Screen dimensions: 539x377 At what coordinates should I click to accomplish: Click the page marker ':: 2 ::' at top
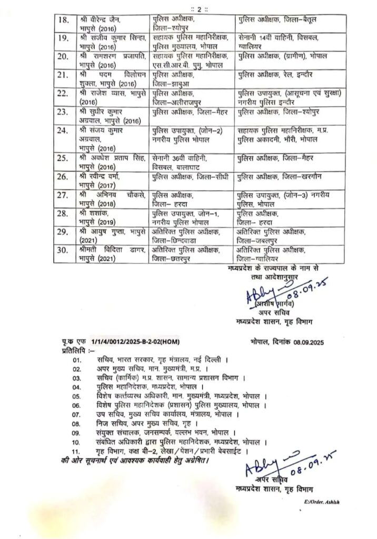[x=188, y=6]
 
